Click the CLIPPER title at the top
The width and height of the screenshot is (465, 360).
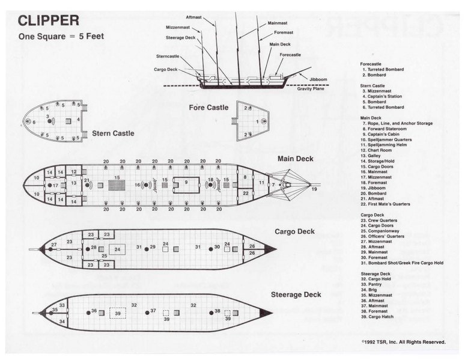tap(48, 20)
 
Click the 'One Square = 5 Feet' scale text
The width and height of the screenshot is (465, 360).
tap(61, 36)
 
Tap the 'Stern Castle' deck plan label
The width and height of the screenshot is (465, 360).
tap(113, 133)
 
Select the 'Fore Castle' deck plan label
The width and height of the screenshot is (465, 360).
tap(208, 108)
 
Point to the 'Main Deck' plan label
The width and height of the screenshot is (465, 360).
tap(295, 159)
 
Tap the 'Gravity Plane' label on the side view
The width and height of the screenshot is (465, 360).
tap(311, 90)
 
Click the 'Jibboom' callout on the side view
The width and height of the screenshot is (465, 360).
tap(318, 79)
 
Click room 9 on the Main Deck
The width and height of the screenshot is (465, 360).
tap(186, 182)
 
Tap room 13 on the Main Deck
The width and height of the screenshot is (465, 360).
tap(73, 183)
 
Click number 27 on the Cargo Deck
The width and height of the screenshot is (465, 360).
tap(53, 244)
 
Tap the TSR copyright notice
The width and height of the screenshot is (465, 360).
tap(403, 342)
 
